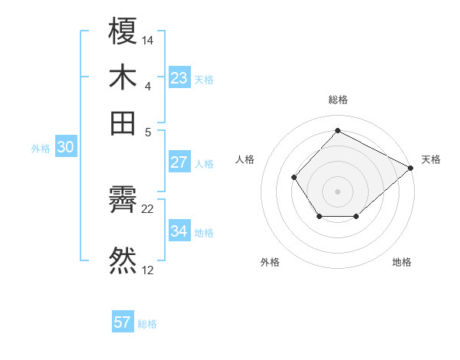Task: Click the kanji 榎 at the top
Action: click(x=123, y=34)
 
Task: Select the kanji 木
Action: click(x=123, y=78)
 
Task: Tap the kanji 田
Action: click(x=123, y=123)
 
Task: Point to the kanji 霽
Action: click(x=123, y=202)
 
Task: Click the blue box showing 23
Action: click(x=179, y=78)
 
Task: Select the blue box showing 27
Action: click(x=179, y=162)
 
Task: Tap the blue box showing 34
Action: click(x=179, y=231)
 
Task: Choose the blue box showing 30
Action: click(x=65, y=148)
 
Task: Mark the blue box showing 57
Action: click(x=123, y=322)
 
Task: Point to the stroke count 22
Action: click(x=148, y=208)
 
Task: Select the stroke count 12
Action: click(x=148, y=269)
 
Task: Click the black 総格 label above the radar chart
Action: click(x=338, y=100)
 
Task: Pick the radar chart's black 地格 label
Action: click(x=402, y=263)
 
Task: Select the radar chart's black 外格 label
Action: click(x=270, y=263)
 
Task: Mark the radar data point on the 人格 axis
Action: click(x=294, y=178)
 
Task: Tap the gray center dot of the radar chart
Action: click(x=338, y=191)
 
